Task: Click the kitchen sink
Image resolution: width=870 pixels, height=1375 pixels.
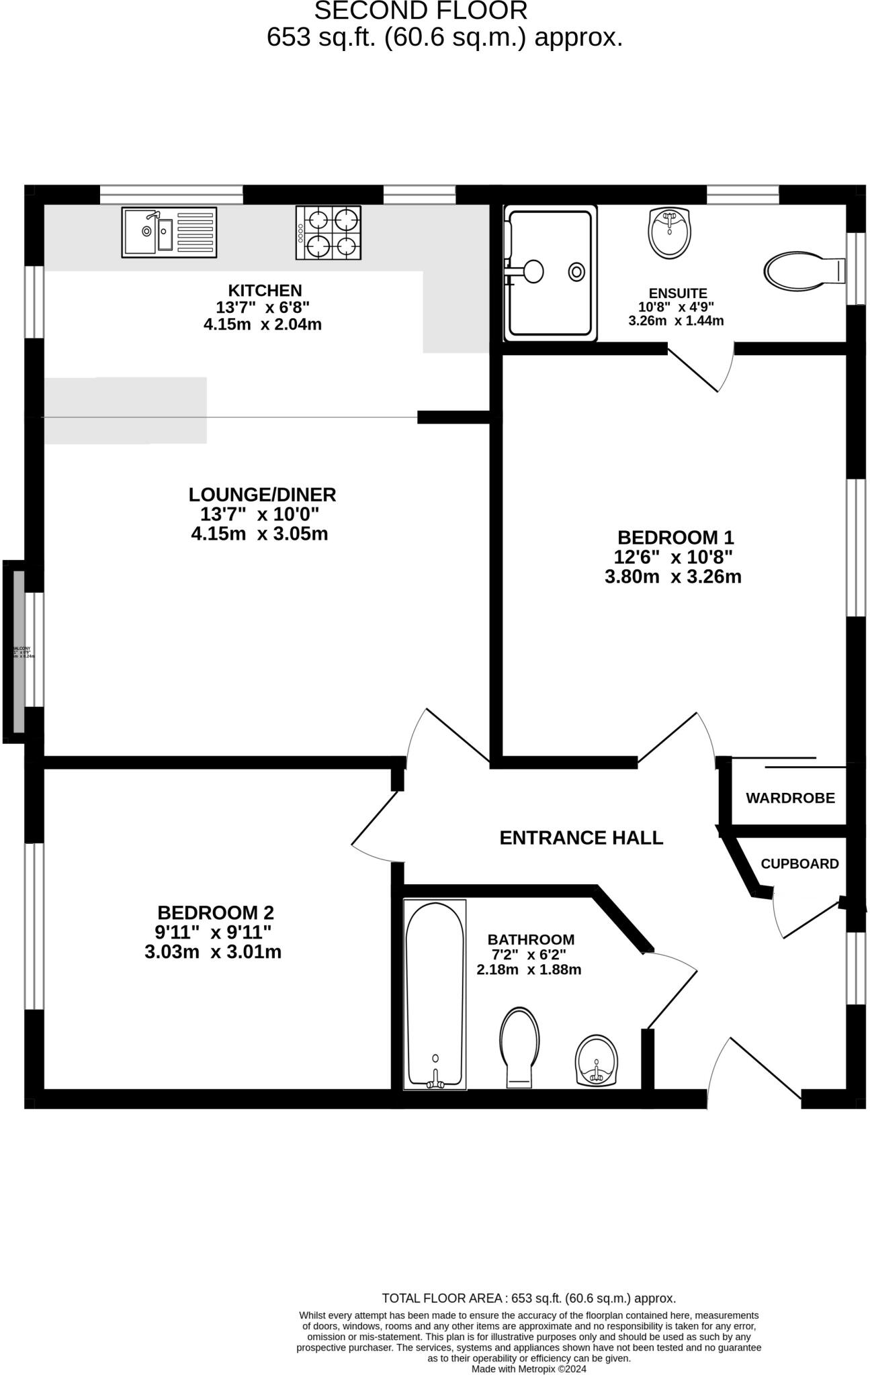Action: coord(169,232)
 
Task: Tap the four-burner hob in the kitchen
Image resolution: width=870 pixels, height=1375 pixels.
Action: coord(328,232)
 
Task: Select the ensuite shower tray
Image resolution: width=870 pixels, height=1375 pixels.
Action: coord(550,273)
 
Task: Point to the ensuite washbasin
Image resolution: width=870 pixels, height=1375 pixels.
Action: coord(668,232)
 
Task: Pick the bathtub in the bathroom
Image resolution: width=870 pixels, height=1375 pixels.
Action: coord(435,994)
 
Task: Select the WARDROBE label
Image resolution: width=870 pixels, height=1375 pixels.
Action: coord(790,798)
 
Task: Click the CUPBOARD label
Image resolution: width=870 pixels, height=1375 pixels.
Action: coord(799,864)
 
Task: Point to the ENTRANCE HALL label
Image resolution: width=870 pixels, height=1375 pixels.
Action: coord(581,838)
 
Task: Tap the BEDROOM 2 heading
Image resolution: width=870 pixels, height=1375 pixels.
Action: coord(216,913)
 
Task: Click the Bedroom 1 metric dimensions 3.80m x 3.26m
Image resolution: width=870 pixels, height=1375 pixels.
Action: coord(673,577)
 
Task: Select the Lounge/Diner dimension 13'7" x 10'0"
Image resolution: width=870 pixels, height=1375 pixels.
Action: coord(259,514)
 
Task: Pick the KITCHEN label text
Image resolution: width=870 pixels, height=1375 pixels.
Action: coord(265,291)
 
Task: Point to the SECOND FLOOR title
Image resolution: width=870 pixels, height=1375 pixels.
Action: coord(421,11)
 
